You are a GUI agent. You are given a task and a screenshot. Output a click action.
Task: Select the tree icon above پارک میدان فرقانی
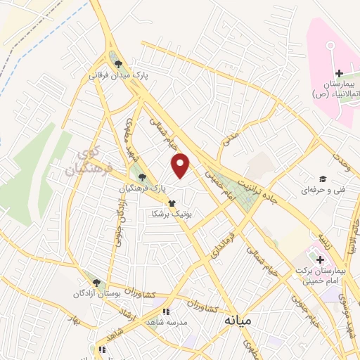[x=117, y=62]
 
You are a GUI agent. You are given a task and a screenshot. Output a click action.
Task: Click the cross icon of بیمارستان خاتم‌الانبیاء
[x=339, y=73]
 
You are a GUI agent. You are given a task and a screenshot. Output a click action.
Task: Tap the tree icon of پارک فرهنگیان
[x=143, y=178]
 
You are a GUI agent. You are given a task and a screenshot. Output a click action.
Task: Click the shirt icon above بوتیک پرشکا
[x=172, y=202]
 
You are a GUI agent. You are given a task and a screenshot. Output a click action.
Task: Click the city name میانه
[x=238, y=320]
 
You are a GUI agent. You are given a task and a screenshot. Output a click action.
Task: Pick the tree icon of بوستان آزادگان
[x=88, y=279]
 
